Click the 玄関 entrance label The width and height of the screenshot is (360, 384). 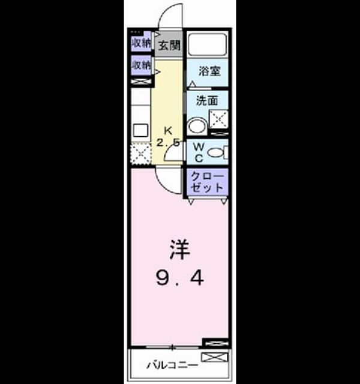pyautogui.click(x=169, y=46)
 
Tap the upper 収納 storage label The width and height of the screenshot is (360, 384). pyautogui.click(x=142, y=43)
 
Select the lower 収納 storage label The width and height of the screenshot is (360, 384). pyautogui.click(x=142, y=65)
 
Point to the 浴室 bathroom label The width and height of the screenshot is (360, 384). pyautogui.click(x=209, y=71)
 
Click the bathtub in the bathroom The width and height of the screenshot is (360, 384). pyautogui.click(x=207, y=44)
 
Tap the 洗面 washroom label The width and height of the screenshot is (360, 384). pyautogui.click(x=207, y=100)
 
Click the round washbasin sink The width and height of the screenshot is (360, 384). pyautogui.click(x=197, y=126)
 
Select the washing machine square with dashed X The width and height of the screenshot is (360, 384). pyautogui.click(x=218, y=119)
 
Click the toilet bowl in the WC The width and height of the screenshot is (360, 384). pyautogui.click(x=216, y=152)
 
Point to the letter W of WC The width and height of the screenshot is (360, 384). pyautogui.click(x=199, y=147)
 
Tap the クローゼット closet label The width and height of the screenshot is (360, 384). pyautogui.click(x=207, y=182)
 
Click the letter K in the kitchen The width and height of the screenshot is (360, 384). pyautogui.click(x=168, y=131)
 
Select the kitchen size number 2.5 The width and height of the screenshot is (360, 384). pyautogui.click(x=168, y=142)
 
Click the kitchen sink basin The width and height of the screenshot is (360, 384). pyautogui.click(x=140, y=130)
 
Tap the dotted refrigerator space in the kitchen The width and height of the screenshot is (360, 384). pyautogui.click(x=141, y=154)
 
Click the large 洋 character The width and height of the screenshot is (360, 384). pyautogui.click(x=180, y=250)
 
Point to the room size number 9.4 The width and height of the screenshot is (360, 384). pyautogui.click(x=180, y=278)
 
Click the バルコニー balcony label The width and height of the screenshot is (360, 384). pyautogui.click(x=172, y=365)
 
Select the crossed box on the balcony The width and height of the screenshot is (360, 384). pyautogui.click(x=215, y=357)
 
